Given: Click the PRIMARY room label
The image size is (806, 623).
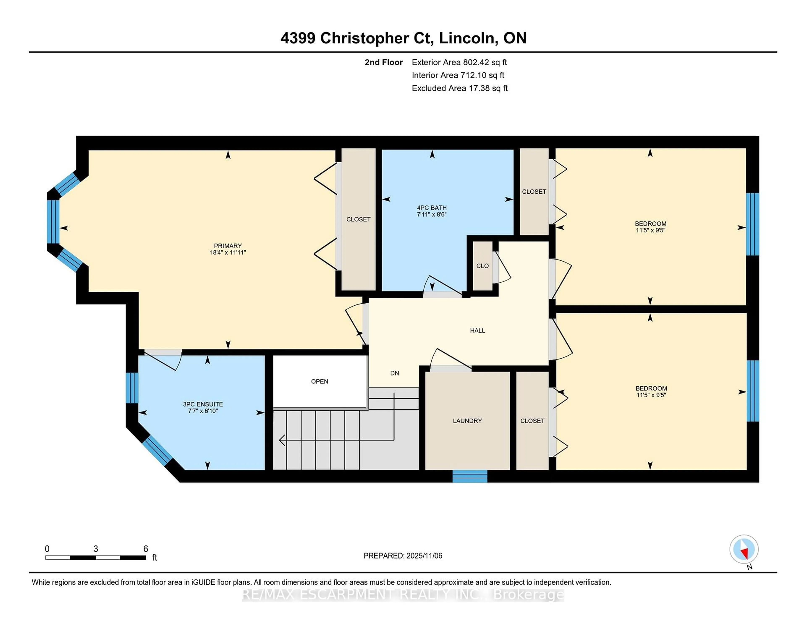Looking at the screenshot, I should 228,246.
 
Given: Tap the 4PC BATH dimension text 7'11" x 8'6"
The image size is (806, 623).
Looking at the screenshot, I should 432,215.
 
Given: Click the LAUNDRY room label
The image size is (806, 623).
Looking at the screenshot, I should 467,421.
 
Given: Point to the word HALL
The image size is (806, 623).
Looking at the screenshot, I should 477,331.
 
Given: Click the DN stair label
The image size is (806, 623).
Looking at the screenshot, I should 395,373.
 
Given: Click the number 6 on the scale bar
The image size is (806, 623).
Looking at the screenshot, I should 146,549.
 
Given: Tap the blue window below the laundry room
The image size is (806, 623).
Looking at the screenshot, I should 470,476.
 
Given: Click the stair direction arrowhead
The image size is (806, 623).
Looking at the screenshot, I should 282,440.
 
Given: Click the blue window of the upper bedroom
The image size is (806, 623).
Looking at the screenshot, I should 752,224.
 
